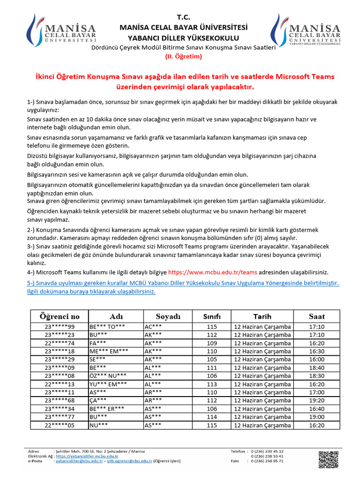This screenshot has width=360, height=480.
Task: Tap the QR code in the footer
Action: click(x=328, y=459)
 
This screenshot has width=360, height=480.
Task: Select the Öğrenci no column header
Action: click(x=60, y=316)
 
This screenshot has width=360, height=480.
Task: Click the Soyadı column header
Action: click(x=168, y=316)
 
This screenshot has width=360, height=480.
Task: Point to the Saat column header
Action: click(x=317, y=316)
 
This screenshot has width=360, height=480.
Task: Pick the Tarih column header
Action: click(x=262, y=316)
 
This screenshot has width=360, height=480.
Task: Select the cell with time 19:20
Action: click(x=317, y=400)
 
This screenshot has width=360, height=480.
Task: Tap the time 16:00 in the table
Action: click(x=317, y=359)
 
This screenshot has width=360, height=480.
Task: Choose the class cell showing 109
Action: click(x=211, y=343)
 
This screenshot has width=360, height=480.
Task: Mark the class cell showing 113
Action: click(x=211, y=384)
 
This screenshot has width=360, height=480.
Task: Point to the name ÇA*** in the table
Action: click(x=98, y=400)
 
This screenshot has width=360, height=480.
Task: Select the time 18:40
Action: click(x=317, y=367)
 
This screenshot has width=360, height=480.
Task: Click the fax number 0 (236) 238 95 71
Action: click(x=267, y=461)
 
